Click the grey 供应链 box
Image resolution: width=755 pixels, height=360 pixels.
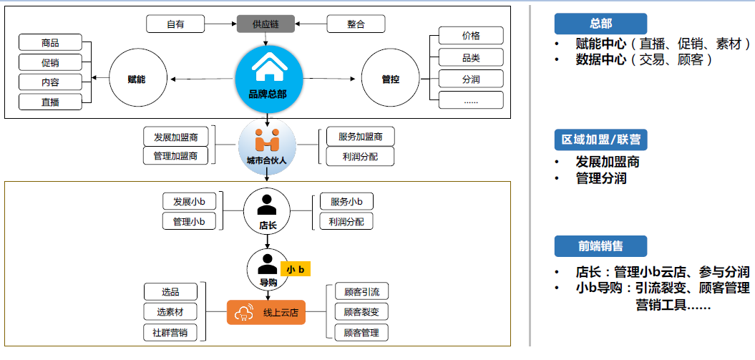click(266, 24)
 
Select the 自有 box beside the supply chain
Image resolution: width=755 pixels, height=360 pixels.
click(175, 24)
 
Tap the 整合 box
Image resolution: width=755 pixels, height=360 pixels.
click(356, 24)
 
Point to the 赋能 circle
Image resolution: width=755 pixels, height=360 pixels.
click(137, 79)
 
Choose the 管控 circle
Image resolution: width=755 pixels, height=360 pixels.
click(390, 79)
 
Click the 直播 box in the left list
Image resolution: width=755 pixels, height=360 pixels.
click(50, 102)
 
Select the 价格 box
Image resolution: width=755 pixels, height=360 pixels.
click(470, 36)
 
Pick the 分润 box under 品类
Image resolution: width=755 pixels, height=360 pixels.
click(470, 79)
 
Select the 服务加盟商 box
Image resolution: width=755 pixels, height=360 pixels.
click(360, 136)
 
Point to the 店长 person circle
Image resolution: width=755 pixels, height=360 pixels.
click(266, 211)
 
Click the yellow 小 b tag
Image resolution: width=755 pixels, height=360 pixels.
click(296, 270)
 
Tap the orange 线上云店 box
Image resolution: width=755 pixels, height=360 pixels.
click(266, 312)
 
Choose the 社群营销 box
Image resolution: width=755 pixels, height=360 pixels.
click(170, 332)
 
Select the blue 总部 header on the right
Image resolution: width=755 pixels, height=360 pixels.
click(600, 24)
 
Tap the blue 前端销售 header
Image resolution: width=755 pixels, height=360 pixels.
click(600, 246)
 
